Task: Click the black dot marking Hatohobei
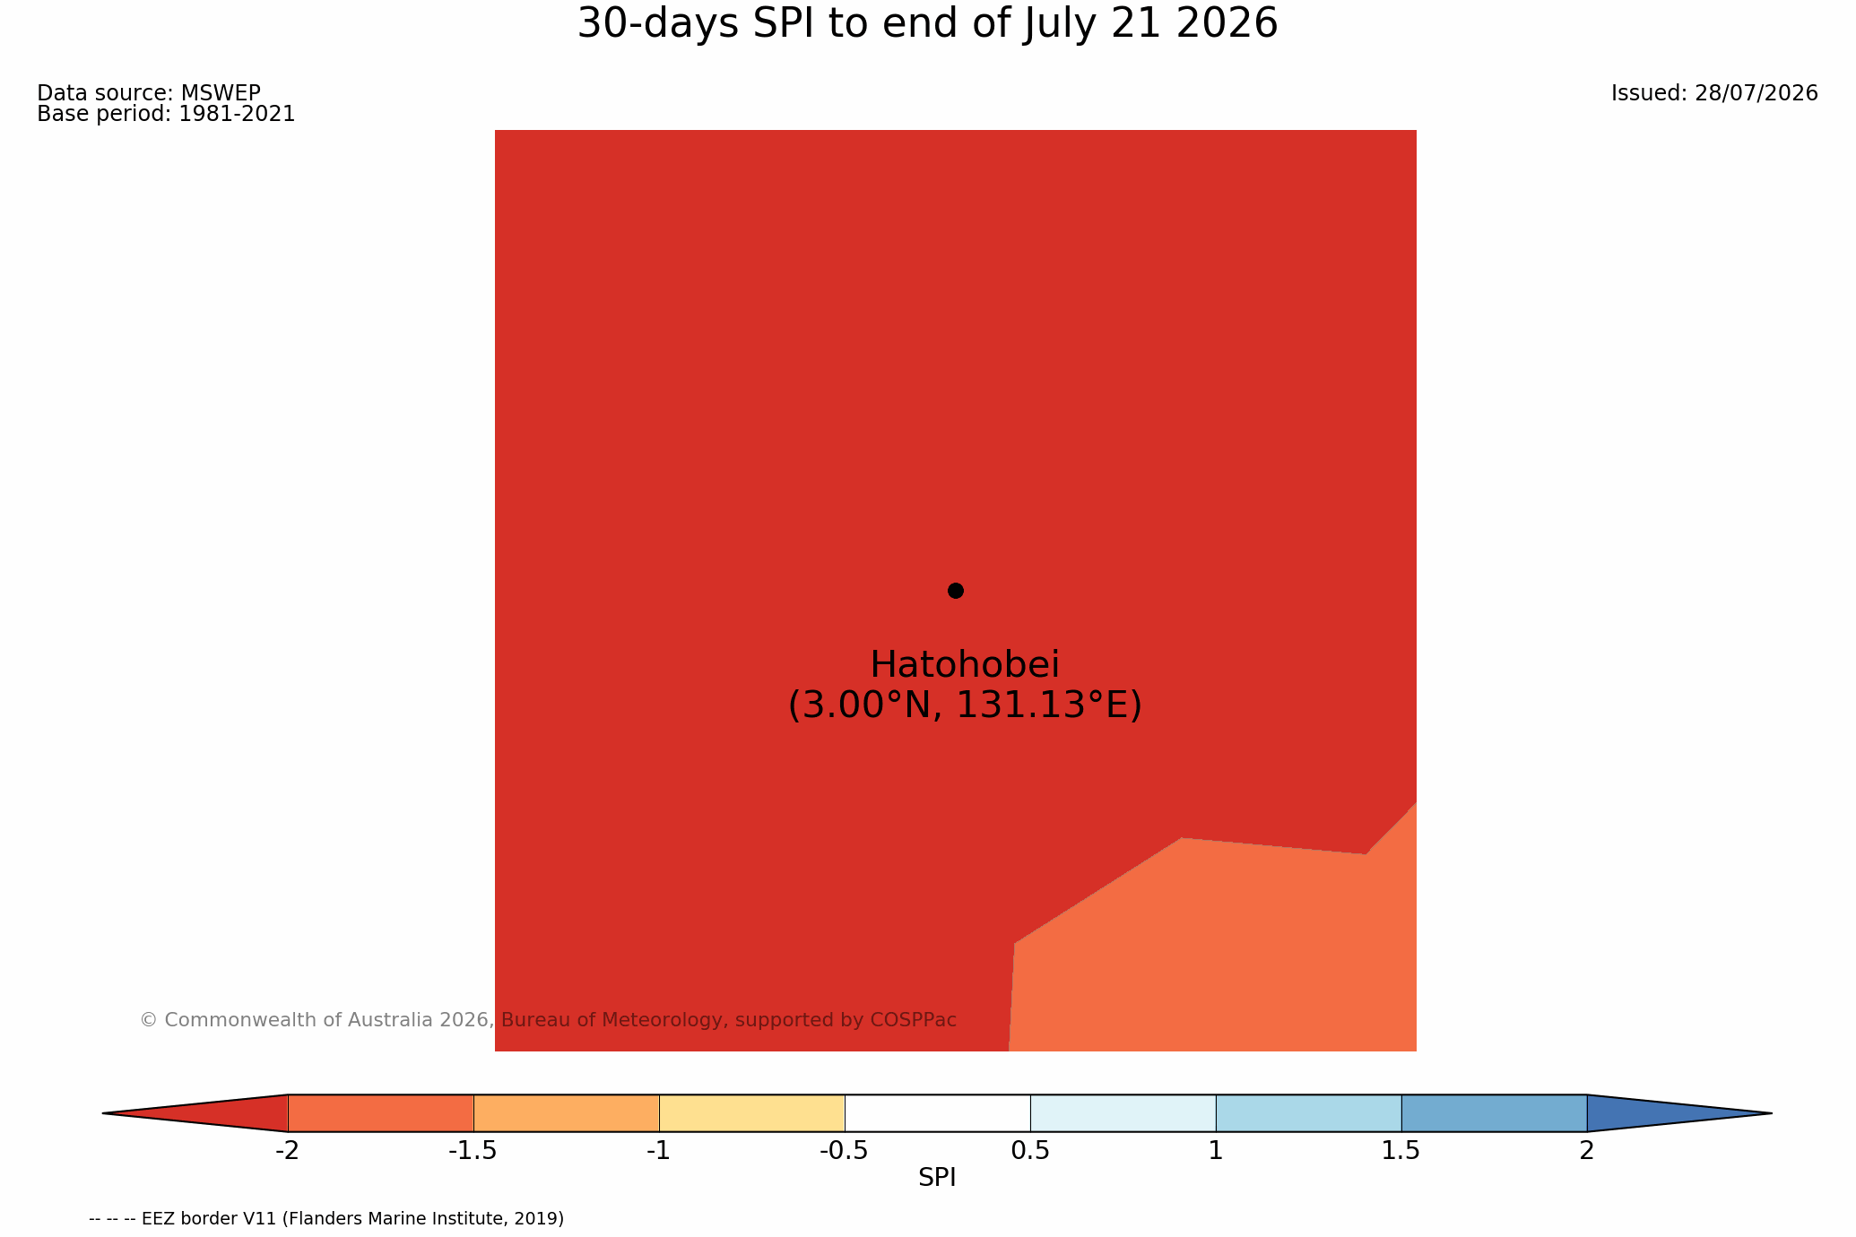[956, 591]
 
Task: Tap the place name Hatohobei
[965, 665]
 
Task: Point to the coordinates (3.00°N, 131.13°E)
[965, 705]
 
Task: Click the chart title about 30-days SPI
[927, 24]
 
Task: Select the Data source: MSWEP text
[149, 93]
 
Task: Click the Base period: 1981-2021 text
[166, 114]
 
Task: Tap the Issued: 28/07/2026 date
[1714, 93]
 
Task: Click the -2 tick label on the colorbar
[287, 1151]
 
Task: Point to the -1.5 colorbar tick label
[473, 1151]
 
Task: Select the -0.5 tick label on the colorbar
[844, 1151]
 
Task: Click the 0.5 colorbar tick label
[1030, 1151]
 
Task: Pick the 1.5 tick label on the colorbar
[1401, 1151]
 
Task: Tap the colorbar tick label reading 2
[1587, 1151]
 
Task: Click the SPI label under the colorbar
[937, 1178]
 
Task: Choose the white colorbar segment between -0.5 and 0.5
[937, 1113]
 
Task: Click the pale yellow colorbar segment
[752, 1113]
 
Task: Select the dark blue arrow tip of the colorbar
[1679, 1113]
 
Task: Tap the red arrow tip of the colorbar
[195, 1113]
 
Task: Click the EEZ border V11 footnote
[326, 1219]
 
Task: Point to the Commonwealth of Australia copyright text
[548, 1020]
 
